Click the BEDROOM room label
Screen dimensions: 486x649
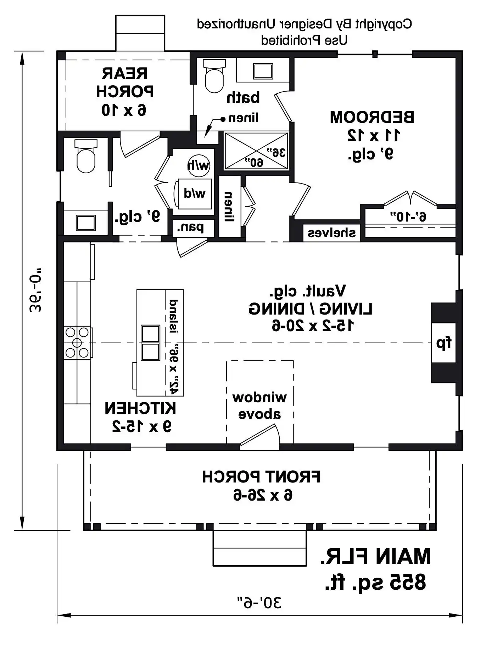point(372,117)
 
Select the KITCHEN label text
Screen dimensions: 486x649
point(140,408)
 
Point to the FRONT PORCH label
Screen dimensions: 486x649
point(261,476)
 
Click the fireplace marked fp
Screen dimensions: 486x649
point(443,343)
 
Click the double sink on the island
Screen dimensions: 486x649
point(150,343)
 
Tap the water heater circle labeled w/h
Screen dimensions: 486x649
point(199,165)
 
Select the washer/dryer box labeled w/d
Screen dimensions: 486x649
point(194,194)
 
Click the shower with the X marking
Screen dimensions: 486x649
point(256,151)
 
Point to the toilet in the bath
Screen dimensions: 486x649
point(214,76)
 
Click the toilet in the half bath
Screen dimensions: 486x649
point(86,156)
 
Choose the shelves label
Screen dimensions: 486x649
point(331,233)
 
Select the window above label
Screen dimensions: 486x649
point(259,406)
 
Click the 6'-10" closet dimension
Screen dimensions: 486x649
point(408,217)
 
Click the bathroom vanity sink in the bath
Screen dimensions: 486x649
point(263,71)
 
